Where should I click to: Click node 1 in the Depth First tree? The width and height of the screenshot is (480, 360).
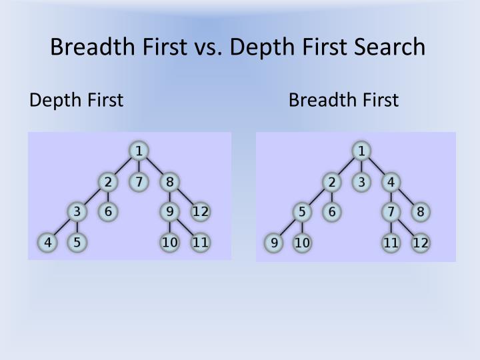[138, 151]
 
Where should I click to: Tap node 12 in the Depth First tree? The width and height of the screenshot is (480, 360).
[201, 212]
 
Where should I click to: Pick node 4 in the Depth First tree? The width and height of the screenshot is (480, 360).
[48, 242]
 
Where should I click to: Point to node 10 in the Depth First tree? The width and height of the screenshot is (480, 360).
[170, 242]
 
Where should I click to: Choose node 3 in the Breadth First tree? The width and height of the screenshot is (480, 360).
[361, 181]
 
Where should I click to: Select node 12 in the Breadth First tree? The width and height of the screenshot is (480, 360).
[420, 243]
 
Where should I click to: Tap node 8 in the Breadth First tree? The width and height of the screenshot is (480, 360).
[420, 212]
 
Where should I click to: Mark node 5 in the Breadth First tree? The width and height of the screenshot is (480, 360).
[303, 212]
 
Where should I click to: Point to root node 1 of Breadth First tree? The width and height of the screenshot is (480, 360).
[361, 151]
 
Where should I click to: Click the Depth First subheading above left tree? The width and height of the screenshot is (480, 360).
[77, 100]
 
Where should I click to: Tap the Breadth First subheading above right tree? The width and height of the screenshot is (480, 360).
[343, 100]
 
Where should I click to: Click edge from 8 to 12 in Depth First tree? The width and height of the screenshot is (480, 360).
[185, 197]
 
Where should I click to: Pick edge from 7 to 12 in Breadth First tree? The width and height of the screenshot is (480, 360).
[405, 227]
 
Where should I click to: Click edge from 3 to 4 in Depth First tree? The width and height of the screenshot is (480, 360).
[63, 227]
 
